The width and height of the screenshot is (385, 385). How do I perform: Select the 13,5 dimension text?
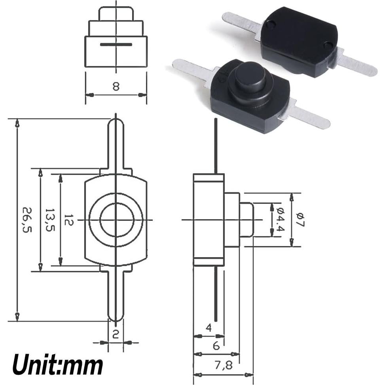click(49, 220)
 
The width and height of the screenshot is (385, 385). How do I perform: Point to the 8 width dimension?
click(116, 86)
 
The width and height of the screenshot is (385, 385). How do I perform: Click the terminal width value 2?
click(116, 334)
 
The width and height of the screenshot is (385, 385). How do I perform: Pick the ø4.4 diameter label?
click(281, 220)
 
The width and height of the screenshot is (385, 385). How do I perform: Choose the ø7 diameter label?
click(300, 220)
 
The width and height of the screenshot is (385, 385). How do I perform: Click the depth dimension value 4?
click(209, 328)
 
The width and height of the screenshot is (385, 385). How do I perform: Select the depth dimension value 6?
click(216, 346)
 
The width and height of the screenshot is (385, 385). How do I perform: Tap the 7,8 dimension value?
click(224, 365)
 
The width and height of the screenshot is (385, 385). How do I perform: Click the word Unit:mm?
click(58, 364)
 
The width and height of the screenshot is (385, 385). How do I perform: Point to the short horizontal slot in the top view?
click(116, 44)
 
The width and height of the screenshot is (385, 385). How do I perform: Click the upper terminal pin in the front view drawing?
click(116, 142)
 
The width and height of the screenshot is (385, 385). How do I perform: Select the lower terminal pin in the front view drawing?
click(116, 297)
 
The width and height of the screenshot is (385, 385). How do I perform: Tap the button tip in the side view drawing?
click(247, 220)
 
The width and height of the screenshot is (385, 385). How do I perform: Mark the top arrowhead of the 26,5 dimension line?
click(17, 123)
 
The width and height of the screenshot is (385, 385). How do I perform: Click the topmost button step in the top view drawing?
click(116, 13)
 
